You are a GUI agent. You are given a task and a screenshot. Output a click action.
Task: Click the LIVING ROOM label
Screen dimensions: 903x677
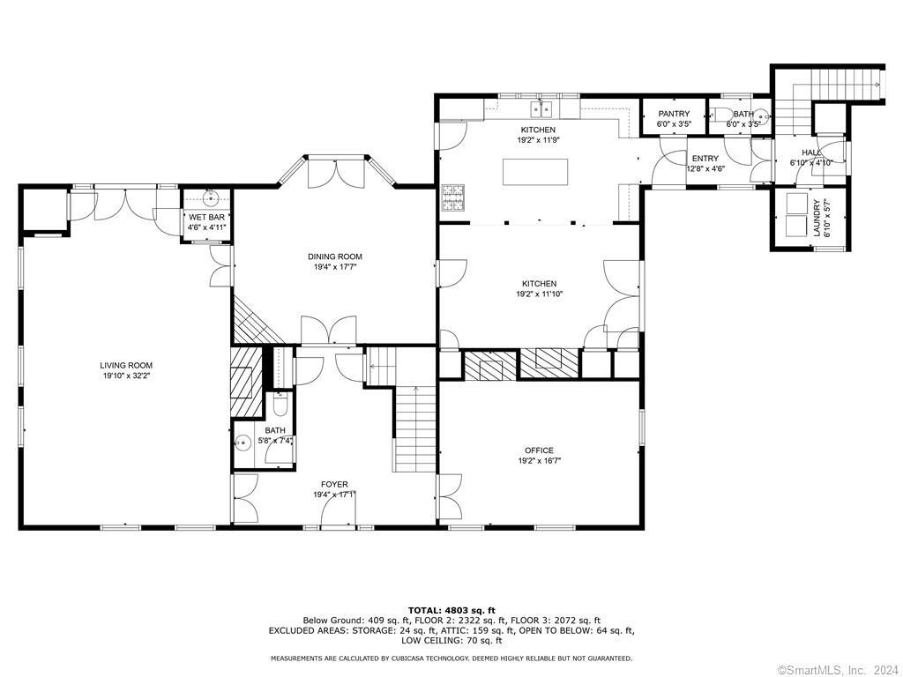tap(126, 365)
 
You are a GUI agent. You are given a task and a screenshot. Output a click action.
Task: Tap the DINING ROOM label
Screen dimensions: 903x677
tap(334, 257)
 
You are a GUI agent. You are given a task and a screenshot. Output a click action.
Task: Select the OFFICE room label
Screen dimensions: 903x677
tap(539, 450)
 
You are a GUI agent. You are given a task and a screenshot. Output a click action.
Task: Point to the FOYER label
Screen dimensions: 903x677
tap(334, 484)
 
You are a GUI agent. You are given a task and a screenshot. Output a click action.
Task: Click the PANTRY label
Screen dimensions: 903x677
tap(674, 114)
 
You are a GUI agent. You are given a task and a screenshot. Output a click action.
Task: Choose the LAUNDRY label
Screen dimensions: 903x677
tap(816, 219)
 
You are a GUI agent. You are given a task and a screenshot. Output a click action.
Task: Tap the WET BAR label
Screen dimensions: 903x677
tap(206, 217)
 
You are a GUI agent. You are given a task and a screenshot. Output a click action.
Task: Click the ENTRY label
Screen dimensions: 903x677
tap(705, 159)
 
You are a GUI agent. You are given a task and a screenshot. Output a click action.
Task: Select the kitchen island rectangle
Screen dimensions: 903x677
tap(535, 172)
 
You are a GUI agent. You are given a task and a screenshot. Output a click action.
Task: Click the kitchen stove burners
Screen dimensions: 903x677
tap(452, 197)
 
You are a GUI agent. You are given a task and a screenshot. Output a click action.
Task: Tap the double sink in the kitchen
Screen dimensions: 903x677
tap(541, 108)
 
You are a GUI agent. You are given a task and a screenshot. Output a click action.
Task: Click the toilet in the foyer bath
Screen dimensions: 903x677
tap(280, 405)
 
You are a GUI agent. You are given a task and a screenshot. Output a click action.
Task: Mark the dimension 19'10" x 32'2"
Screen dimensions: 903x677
tap(126, 376)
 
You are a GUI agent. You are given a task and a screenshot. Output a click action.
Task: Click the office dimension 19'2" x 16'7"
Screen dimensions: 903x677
tap(539, 460)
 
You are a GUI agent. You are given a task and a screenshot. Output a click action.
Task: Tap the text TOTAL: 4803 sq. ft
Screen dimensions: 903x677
tap(451, 610)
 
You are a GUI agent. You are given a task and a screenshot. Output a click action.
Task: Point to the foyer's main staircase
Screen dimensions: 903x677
tap(414, 429)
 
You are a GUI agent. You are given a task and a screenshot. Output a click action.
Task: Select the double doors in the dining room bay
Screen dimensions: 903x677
tap(336, 174)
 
